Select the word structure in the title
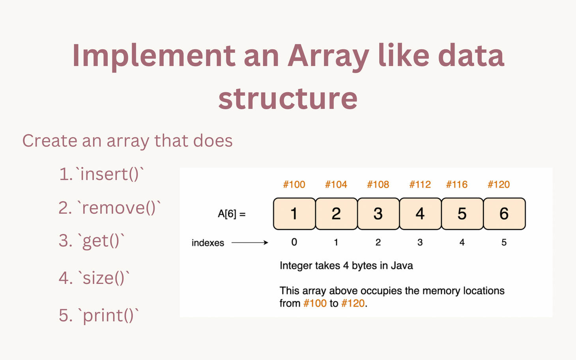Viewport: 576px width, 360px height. point(288,98)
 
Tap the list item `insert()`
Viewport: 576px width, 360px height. point(102,174)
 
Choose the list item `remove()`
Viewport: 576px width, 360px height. point(110,208)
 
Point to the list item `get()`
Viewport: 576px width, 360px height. point(92,241)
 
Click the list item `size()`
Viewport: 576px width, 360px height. point(94,278)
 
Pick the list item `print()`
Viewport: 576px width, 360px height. point(99,315)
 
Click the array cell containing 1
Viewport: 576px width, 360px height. point(294,214)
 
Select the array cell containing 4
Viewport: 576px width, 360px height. point(420,214)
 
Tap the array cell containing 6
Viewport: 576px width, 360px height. point(504,214)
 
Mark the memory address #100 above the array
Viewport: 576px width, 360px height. point(294,185)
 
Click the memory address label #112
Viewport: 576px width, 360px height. point(420,185)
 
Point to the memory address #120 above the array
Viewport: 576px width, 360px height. point(499,185)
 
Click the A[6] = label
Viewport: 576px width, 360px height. point(232,214)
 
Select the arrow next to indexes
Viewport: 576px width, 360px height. point(249,243)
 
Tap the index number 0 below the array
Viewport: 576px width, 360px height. point(294,242)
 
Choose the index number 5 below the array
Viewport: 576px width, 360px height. point(504,242)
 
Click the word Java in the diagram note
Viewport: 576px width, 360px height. point(402,266)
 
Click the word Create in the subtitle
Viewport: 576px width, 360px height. point(50,141)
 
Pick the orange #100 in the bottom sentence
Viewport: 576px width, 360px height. point(315,303)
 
